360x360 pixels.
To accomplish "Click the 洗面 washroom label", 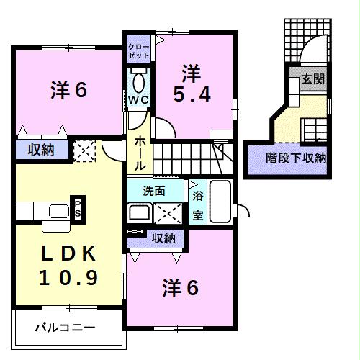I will pos(154,192).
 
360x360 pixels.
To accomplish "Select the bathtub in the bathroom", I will pos(220,203).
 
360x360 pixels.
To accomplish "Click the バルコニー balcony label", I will pos(65,328).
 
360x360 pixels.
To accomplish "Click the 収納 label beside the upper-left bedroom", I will pos(40,150).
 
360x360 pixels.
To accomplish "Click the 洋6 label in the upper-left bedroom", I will pos(69,91).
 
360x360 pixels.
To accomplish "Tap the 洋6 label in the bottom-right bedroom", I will pos(180,288).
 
